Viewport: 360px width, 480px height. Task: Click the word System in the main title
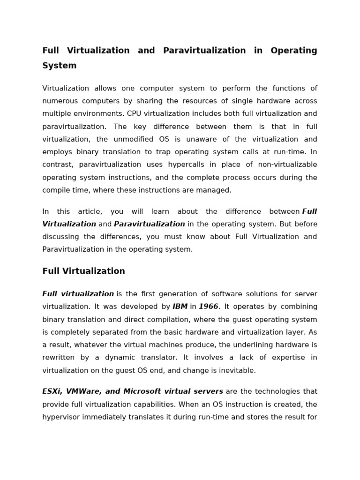[59, 66]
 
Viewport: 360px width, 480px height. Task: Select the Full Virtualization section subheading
[83, 271]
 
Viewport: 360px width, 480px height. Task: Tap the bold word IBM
[180, 307]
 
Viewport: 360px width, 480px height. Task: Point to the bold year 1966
[209, 307]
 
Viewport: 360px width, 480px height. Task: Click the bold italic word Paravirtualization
[150, 224]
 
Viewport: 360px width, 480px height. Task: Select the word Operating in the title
[293, 51]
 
